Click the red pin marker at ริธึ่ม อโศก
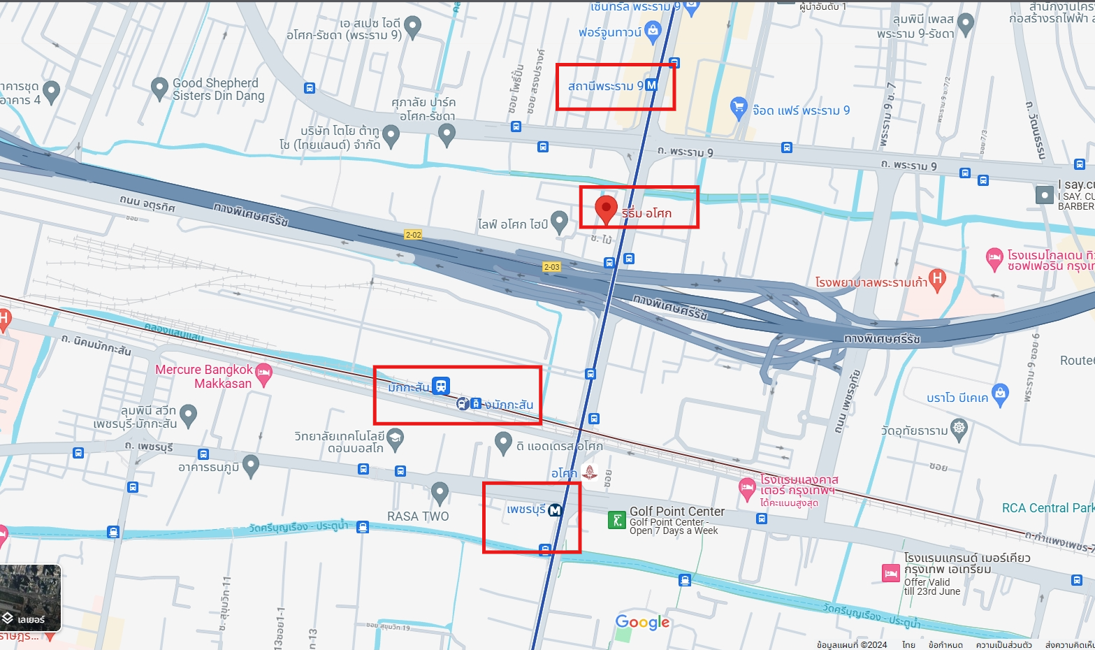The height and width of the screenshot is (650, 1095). coord(606,208)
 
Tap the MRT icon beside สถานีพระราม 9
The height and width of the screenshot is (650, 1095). coord(651,85)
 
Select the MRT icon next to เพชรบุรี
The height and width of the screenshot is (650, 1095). coord(556,510)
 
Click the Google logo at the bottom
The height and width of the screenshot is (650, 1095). coord(642,622)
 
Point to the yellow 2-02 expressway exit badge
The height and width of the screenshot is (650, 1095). coord(413,235)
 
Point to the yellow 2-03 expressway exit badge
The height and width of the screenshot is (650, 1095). coord(551,267)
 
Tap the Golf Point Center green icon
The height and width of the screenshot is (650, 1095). coord(616,520)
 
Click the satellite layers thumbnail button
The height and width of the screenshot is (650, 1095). coord(31,598)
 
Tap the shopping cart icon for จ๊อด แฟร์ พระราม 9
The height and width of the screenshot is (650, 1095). coord(739,108)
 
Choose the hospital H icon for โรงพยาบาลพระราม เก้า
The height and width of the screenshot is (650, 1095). coord(937,279)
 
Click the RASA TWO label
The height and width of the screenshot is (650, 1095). coord(418,517)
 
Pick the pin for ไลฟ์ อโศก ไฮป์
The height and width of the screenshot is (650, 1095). coord(559,222)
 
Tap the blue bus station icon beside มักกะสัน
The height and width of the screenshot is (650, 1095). coord(441,385)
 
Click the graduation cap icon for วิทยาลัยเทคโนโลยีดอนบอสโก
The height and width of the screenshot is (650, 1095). coord(396,438)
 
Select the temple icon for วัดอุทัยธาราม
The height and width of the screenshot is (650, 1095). coord(959,428)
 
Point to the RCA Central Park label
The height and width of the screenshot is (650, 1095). coord(1047,508)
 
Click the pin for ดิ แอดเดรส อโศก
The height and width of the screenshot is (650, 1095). coord(503,442)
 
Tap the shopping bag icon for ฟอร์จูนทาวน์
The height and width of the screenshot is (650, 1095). coord(653,30)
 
